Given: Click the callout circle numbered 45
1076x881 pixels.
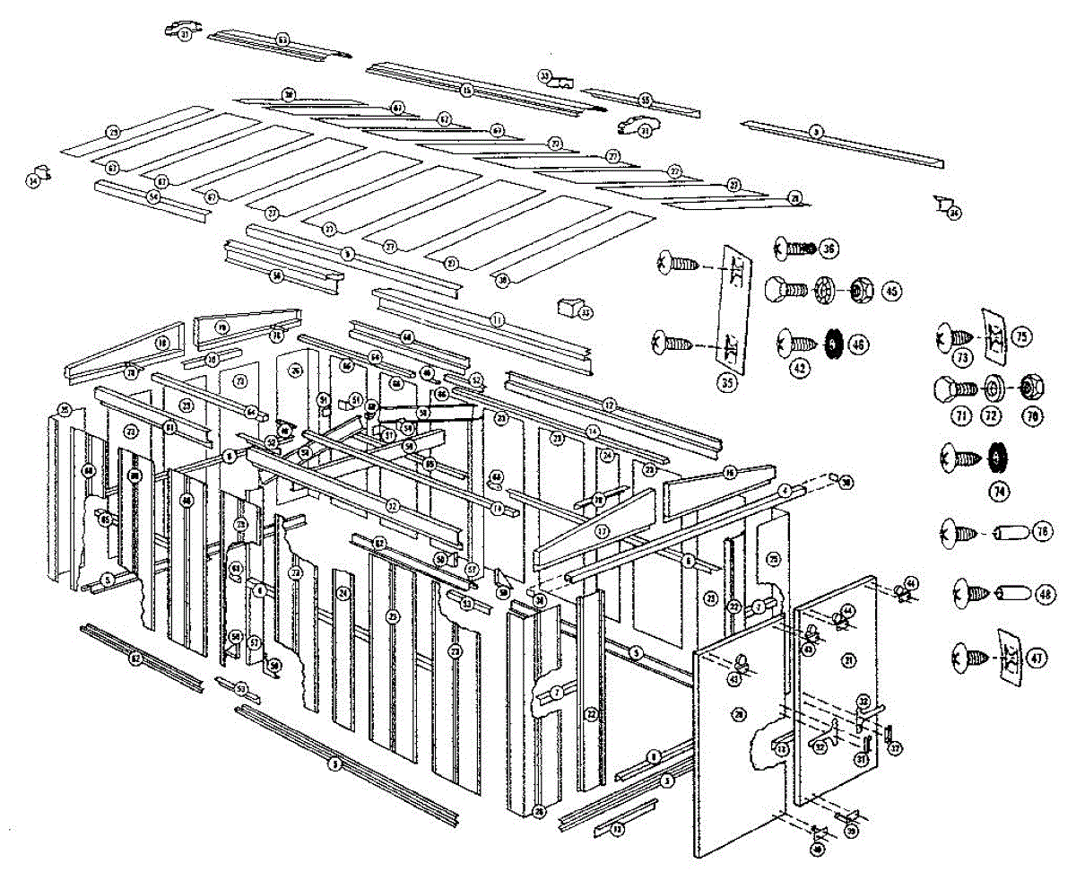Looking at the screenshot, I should pos(891,291).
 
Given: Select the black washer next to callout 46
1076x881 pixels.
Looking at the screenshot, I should pos(831,343).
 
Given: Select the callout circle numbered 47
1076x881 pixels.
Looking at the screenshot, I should pos(1037,657).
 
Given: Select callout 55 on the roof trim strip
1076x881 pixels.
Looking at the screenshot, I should pos(644,100).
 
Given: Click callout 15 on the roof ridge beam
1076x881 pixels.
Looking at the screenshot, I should pos(466,91).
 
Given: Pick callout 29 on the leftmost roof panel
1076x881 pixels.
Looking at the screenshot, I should pos(113,132).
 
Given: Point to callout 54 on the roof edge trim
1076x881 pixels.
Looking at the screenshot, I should pos(153,196).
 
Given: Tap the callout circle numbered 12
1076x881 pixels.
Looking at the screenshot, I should pos(611,404).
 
